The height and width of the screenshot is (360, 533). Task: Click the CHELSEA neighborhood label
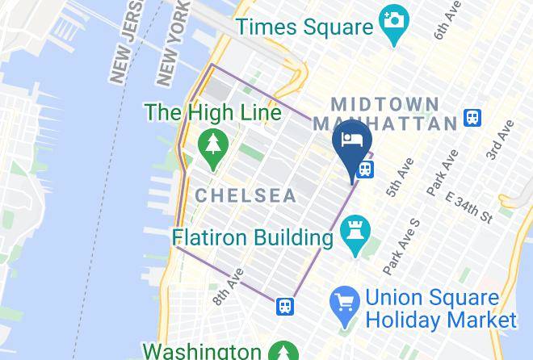245,196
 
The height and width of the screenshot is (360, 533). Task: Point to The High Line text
213,113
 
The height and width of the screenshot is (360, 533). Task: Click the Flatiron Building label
251,238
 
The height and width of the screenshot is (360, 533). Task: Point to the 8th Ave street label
229,287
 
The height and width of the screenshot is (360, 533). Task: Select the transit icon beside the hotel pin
366,170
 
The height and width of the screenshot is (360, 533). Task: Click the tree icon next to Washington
283,352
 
